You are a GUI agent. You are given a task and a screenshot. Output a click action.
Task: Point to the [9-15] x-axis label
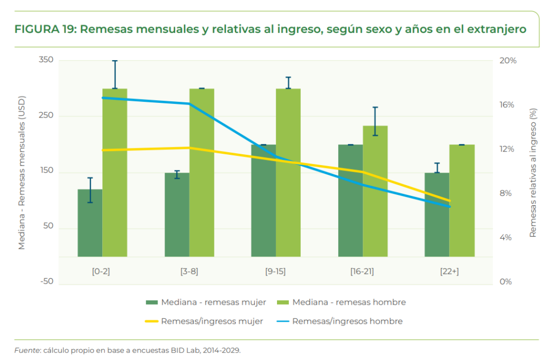(276, 271)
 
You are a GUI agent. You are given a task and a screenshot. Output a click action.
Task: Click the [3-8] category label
(189, 271)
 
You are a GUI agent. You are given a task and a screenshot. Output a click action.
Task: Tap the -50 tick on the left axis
(47, 282)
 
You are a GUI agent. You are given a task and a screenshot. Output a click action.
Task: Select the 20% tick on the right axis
(508, 61)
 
